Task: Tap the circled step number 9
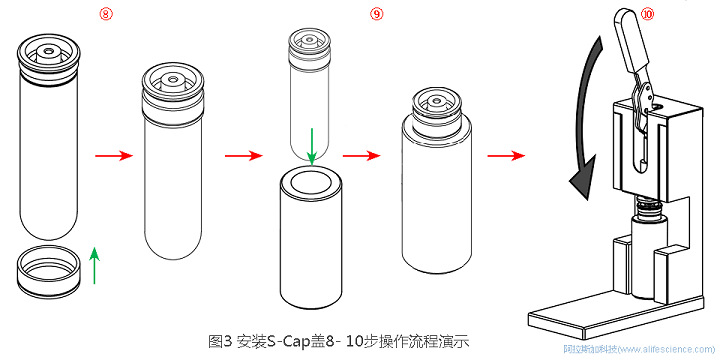[376, 14]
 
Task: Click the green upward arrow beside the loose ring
[95, 267]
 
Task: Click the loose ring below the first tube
[47, 273]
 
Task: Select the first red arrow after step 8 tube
[112, 156]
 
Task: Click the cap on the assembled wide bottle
[435, 106]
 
